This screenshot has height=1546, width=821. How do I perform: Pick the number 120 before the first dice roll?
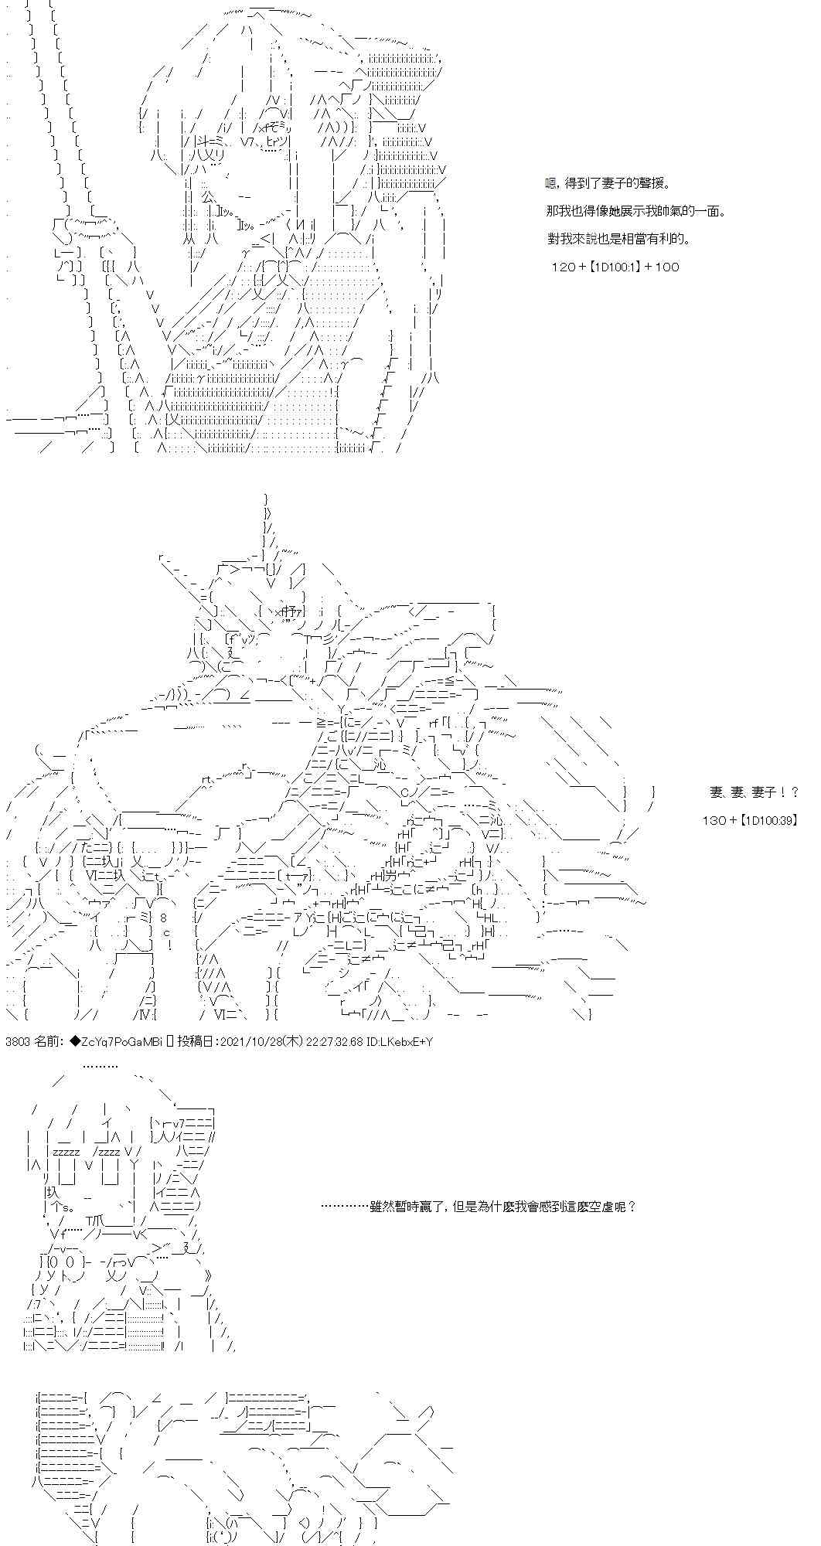[x=561, y=267]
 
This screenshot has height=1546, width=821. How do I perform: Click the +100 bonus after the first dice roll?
[x=660, y=267]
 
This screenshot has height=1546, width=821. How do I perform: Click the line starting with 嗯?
[x=606, y=183]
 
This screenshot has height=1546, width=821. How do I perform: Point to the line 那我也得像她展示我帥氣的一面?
[x=635, y=211]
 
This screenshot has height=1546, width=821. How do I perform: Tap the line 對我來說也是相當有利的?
[x=618, y=239]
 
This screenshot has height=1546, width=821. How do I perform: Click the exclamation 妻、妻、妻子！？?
[x=754, y=792]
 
